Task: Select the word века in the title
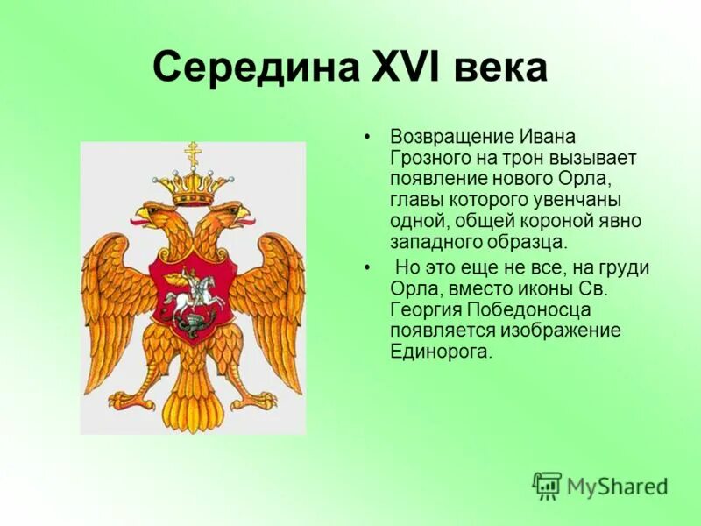pyautogui.click(x=499, y=68)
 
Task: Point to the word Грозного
pyautogui.click(x=431, y=158)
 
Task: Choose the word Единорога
pyautogui.click(x=441, y=352)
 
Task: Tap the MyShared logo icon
pyautogui.click(x=547, y=485)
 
